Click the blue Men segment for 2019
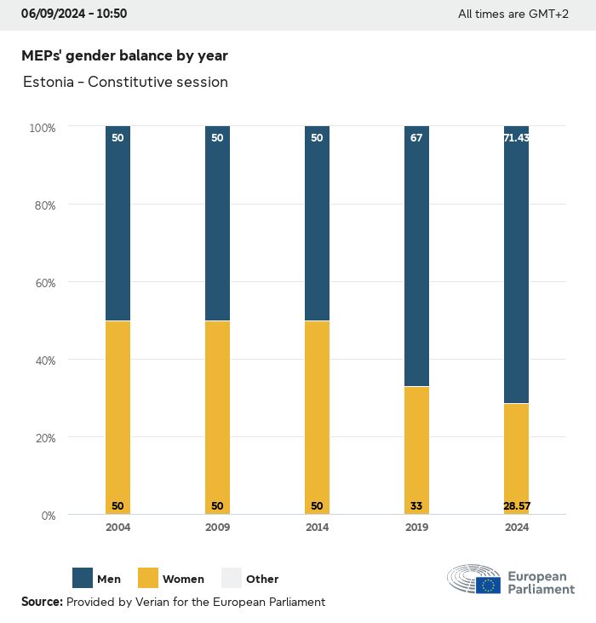[416, 256]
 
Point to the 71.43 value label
[516, 138]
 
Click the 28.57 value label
[516, 506]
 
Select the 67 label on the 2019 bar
[416, 138]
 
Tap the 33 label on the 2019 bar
[416, 506]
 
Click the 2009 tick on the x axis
[217, 528]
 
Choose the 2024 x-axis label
[516, 528]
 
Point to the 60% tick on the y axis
[43, 282]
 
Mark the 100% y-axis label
[42, 128]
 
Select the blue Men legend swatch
[83, 579]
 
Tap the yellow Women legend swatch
[147, 579]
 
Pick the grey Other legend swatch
[232, 579]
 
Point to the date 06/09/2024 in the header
[52, 14]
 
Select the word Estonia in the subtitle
[47, 83]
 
